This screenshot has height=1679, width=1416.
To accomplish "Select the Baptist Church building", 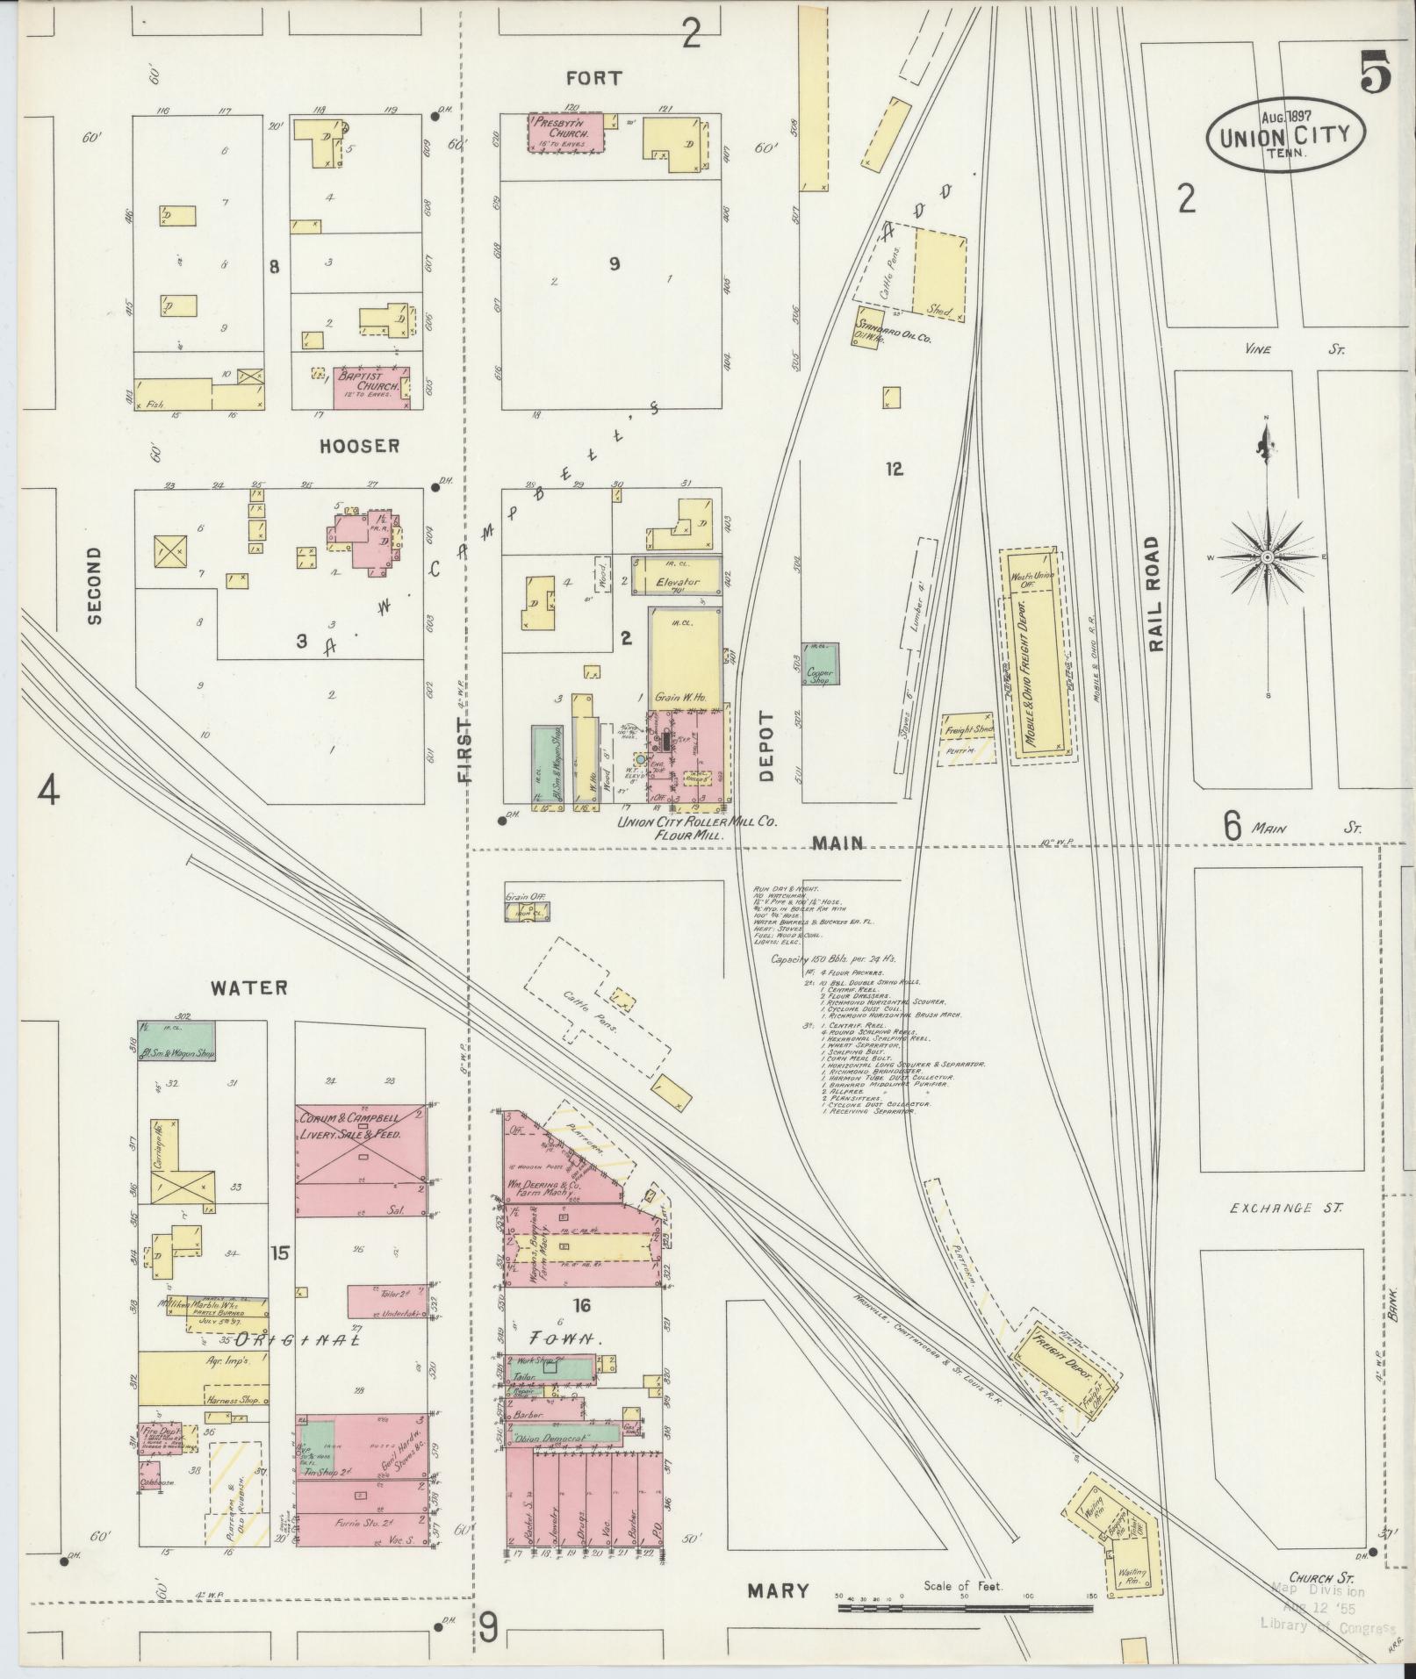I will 363,386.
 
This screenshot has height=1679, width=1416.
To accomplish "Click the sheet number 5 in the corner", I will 1376,71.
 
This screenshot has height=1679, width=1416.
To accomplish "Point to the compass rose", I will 1268,558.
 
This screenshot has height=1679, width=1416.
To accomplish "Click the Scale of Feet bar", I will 966,1608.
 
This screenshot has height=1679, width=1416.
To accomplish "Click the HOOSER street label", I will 359,446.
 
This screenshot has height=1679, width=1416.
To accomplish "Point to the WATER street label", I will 248,987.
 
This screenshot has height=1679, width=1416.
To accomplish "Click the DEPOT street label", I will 766,745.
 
